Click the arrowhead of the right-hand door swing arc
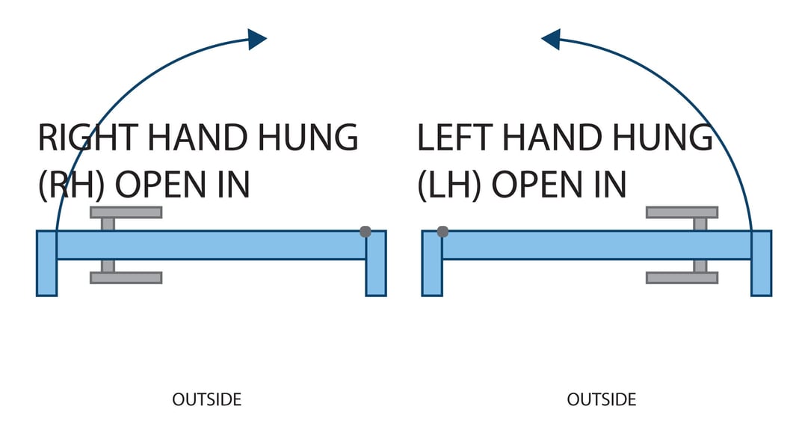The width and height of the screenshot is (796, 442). tap(256, 39)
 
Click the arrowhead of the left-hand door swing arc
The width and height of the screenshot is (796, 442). tap(552, 39)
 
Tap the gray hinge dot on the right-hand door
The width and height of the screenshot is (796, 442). tap(365, 232)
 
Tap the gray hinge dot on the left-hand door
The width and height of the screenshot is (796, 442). tap(442, 232)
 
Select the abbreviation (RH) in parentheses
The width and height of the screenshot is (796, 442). tap(70, 184)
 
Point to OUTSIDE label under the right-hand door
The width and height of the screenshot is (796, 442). tap(206, 399)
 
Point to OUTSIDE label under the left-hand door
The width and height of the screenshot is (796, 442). tap(601, 399)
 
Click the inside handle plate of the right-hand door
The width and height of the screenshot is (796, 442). tap(126, 212)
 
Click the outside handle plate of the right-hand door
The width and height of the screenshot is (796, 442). tap(126, 277)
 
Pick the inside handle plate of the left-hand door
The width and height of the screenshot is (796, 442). tap(682, 212)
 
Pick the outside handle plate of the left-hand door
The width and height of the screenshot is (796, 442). tap(682, 277)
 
